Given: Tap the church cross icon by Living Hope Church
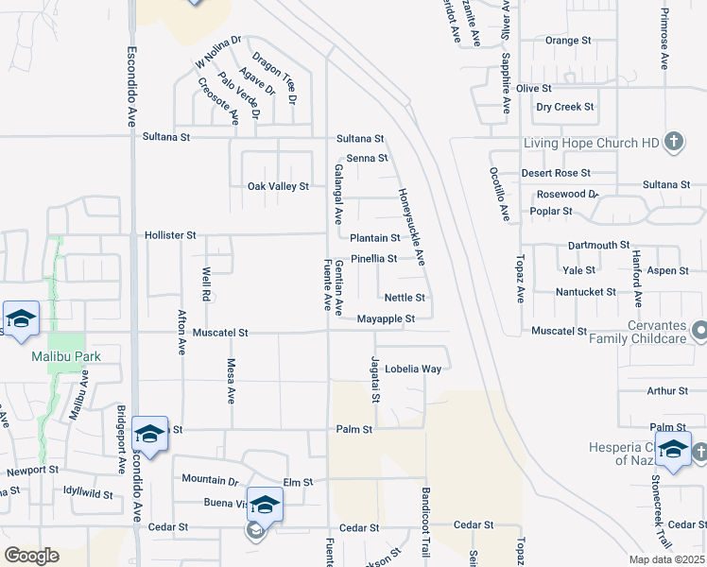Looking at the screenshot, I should click(674, 143).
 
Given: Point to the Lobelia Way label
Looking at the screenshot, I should click(412, 369).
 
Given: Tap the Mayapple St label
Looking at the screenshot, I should click(386, 319).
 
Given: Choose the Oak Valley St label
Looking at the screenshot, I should click(278, 186).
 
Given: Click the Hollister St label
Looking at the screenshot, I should click(170, 234).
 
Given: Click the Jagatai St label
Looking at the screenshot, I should click(375, 379).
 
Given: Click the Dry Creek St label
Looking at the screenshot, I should click(564, 107).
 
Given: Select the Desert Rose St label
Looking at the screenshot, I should click(556, 173).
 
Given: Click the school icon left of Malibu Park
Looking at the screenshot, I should click(20, 318).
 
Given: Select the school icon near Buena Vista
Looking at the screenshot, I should click(265, 505).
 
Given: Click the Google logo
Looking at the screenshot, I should click(31, 556).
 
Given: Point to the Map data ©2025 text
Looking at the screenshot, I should click(665, 559).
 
